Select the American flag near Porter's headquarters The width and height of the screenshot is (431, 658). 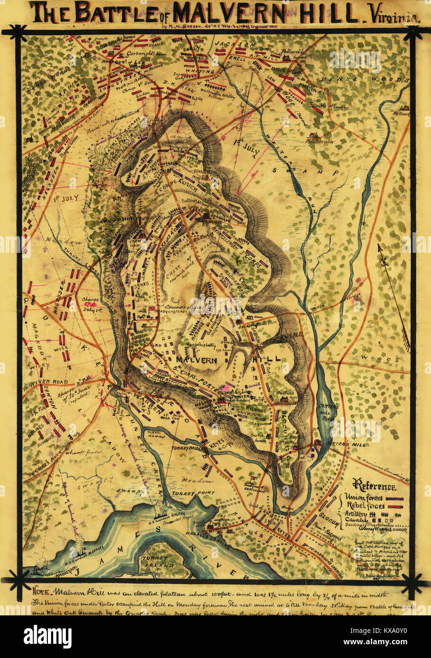click(225, 388)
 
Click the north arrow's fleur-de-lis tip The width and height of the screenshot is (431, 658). click(379, 247)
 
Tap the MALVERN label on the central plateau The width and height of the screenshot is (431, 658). click(197, 360)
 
